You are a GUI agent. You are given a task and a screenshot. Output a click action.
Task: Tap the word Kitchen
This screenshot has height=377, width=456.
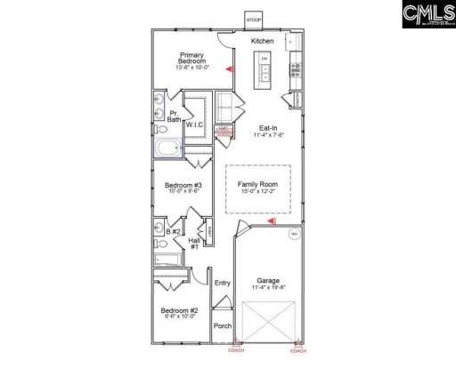[x=262, y=41]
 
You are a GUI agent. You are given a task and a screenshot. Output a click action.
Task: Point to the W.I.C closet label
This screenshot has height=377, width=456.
[x=196, y=125]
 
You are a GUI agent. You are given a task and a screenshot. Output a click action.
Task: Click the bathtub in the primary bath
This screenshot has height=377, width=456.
[x=167, y=148]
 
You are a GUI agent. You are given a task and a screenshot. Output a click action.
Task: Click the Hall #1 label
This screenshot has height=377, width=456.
[x=193, y=243]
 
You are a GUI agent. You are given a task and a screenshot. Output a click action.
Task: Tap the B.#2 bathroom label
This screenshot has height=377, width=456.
[x=175, y=231]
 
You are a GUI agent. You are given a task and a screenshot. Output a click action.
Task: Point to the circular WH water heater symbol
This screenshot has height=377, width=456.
[x=294, y=235]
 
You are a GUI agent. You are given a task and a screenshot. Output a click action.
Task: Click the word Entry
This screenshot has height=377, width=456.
[x=222, y=283]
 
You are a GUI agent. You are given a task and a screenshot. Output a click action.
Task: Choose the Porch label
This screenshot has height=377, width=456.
[x=222, y=325]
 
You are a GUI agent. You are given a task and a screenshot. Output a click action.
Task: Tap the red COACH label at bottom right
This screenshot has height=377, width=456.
[x=298, y=350]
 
